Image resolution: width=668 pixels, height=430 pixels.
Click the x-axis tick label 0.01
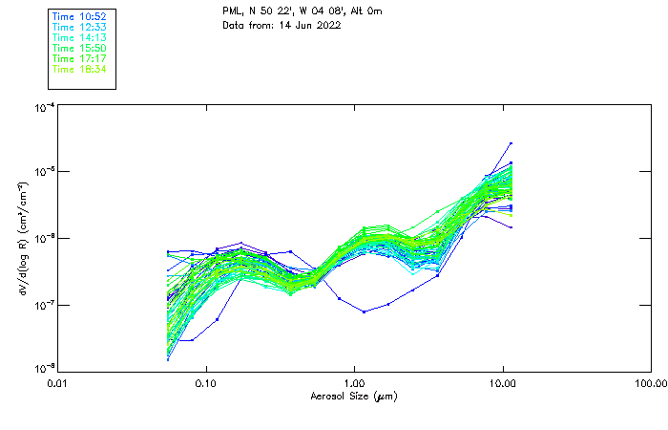(58, 383)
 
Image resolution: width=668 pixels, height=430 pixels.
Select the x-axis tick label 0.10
(206, 383)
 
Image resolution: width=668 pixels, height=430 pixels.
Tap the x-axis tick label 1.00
(355, 383)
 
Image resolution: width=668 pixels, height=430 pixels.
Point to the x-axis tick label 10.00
(503, 383)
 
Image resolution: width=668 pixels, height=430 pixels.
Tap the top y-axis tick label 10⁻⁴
(44, 108)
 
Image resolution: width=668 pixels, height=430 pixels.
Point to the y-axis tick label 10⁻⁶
(44, 238)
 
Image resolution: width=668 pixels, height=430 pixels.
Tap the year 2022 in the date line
(326, 25)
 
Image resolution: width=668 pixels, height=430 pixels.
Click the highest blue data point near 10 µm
(511, 143)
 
